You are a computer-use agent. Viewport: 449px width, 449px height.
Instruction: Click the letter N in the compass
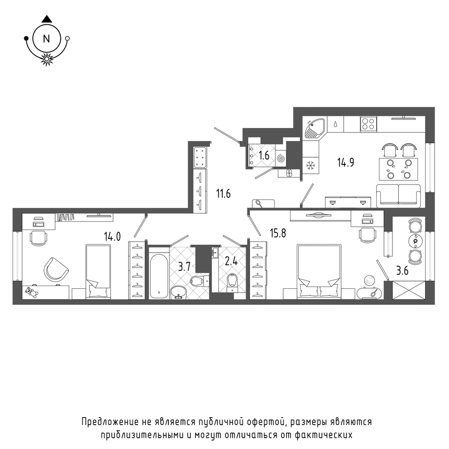46,39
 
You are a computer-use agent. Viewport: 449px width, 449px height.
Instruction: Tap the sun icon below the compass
47,59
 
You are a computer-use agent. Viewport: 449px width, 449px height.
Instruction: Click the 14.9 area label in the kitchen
346,163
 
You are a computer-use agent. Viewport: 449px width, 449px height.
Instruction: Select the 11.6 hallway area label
223,194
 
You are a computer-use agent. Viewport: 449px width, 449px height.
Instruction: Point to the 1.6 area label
264,155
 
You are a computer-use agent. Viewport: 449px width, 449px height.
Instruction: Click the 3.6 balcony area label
402,270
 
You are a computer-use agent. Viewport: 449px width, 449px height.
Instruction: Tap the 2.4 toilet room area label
231,261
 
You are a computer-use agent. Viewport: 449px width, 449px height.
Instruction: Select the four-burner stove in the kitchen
369,124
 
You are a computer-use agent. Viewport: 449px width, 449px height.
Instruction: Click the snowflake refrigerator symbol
311,165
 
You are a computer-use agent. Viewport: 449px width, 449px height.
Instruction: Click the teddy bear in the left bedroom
31,293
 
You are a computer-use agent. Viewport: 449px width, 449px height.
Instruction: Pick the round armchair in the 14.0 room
56,269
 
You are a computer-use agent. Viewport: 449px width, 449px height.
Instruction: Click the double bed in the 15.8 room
319,272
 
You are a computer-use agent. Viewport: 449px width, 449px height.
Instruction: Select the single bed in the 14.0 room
98,272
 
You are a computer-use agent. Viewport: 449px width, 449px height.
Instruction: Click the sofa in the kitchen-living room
398,196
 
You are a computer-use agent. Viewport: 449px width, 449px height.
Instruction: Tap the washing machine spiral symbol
281,158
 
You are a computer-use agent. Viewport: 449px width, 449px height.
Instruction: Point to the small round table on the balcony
415,241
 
